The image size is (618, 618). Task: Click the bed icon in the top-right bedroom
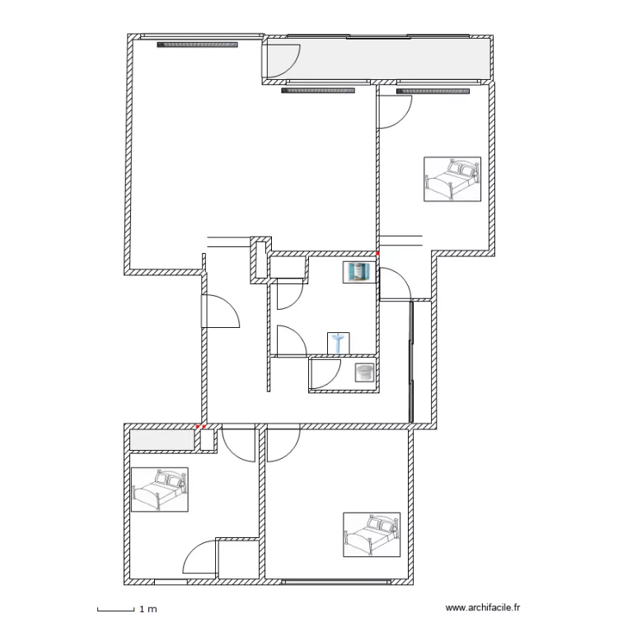coord(452,179)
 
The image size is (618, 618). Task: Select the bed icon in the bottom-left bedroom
coord(160,490)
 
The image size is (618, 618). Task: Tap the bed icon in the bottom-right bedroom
coord(372,534)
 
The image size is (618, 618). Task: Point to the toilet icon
coord(363,372)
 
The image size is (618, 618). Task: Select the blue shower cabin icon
coord(358,272)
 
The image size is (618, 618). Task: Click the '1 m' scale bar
coord(115,609)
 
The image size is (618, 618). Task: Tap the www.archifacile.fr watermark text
coord(483,608)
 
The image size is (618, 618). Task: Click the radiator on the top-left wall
coord(198,45)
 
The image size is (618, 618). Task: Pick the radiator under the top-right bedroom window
coord(433,91)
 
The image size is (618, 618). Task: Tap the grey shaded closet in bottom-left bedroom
coord(162,439)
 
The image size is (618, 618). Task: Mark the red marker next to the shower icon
coord(377,254)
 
